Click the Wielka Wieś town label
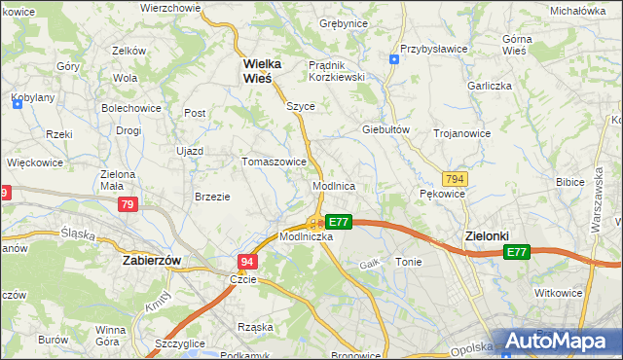(262, 71)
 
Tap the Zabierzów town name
(154, 261)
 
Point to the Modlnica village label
(333, 185)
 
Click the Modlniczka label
(307, 236)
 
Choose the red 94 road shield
(247, 262)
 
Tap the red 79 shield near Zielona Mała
(128, 205)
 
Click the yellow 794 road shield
(454, 180)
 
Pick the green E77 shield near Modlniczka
(338, 222)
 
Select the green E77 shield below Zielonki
(517, 252)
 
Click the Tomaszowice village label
(275, 162)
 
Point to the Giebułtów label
(384, 129)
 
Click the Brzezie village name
(212, 197)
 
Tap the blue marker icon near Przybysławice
(393, 59)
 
